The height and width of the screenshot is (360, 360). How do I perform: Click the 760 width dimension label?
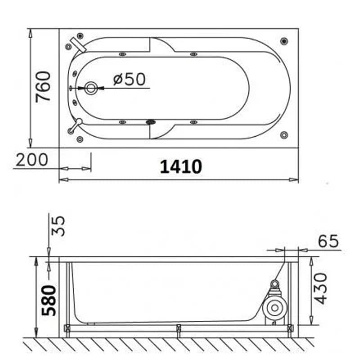(43, 87)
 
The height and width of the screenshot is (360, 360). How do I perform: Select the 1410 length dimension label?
(181, 166)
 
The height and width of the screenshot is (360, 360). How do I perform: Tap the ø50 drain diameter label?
(130, 79)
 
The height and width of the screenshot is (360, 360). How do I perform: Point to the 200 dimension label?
(32, 160)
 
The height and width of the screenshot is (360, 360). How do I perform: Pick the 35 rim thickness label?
(58, 226)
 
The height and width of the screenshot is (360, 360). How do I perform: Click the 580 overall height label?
(49, 301)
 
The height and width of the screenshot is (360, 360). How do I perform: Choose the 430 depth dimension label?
(320, 288)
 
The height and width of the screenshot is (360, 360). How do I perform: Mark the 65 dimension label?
(328, 241)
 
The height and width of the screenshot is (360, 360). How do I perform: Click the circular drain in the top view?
(91, 88)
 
